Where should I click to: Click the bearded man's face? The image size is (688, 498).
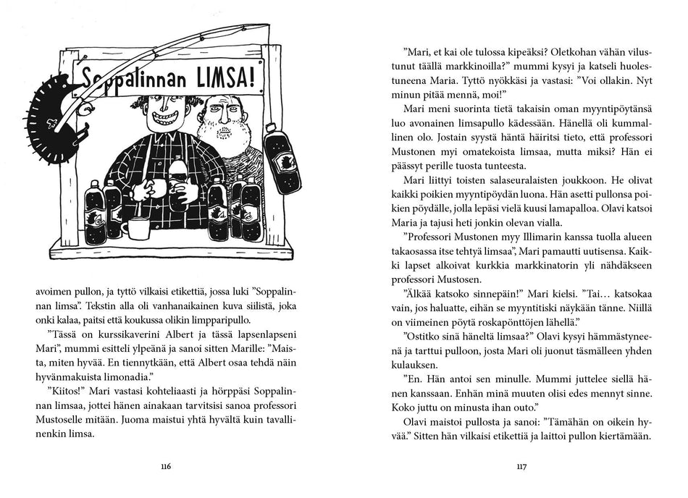click(220, 114)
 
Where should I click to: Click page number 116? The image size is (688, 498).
click(166, 466)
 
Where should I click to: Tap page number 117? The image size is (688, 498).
click(520, 466)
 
